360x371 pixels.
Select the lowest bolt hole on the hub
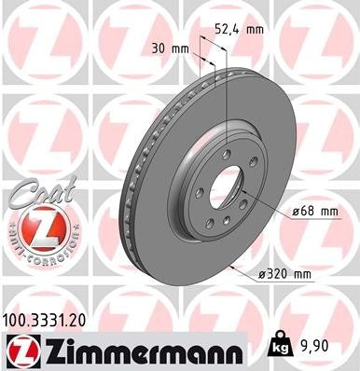pos(228,225)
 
